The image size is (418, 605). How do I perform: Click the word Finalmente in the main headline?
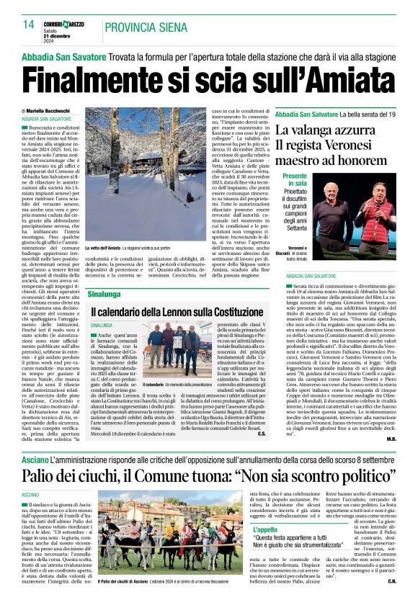pos(97,78)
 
